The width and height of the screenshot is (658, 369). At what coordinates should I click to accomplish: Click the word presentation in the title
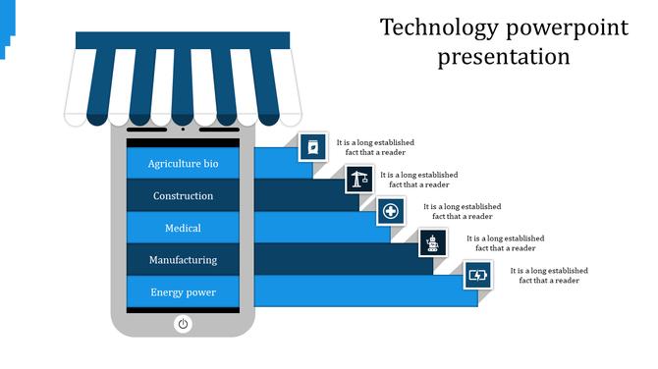504,56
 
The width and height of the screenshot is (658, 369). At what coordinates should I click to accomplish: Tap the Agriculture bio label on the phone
183,164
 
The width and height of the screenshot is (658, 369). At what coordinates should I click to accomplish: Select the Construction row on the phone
183,196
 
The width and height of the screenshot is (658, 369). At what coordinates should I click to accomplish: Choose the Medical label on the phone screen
183,229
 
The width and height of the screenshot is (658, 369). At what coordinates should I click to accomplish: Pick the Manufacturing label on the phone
183,260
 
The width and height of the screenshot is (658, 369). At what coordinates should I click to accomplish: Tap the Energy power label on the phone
183,292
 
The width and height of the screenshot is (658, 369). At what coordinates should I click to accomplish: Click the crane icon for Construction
358,180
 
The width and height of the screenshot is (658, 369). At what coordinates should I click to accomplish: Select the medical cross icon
390,211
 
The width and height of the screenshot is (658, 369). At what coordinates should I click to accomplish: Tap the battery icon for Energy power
477,275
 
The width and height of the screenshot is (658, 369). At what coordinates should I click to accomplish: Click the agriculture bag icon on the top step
313,148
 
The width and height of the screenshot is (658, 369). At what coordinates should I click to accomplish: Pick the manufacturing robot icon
433,242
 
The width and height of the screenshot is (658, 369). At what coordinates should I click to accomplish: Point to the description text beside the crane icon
419,180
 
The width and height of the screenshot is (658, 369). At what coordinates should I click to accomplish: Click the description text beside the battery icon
549,275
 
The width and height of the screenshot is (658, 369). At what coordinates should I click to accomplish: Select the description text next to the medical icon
463,211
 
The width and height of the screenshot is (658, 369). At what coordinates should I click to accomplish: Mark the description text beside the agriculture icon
375,147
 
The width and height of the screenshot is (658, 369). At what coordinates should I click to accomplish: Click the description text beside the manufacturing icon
506,242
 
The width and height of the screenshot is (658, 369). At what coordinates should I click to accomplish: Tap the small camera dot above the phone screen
183,129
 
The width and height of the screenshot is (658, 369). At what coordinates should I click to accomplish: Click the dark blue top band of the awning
183,40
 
